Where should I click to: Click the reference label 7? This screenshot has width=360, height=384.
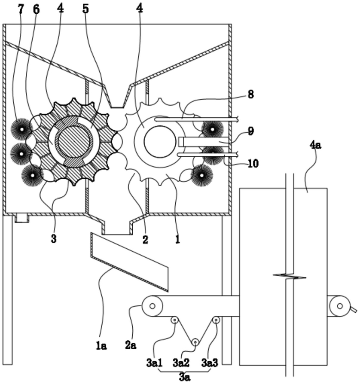pos(21,9)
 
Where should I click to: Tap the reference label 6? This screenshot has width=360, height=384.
pos(36,9)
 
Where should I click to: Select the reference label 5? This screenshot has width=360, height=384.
pos(85,9)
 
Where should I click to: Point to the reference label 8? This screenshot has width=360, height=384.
pos(250,94)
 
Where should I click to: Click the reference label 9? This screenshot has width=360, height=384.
pos(250,131)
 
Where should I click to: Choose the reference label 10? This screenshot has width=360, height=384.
pos(253,163)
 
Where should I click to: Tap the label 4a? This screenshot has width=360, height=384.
pos(315,145)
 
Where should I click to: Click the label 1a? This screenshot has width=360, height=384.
pos(101,346)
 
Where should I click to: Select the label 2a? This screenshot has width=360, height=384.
pos(131,345)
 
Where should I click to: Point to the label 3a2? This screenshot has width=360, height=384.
pos(181,363)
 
